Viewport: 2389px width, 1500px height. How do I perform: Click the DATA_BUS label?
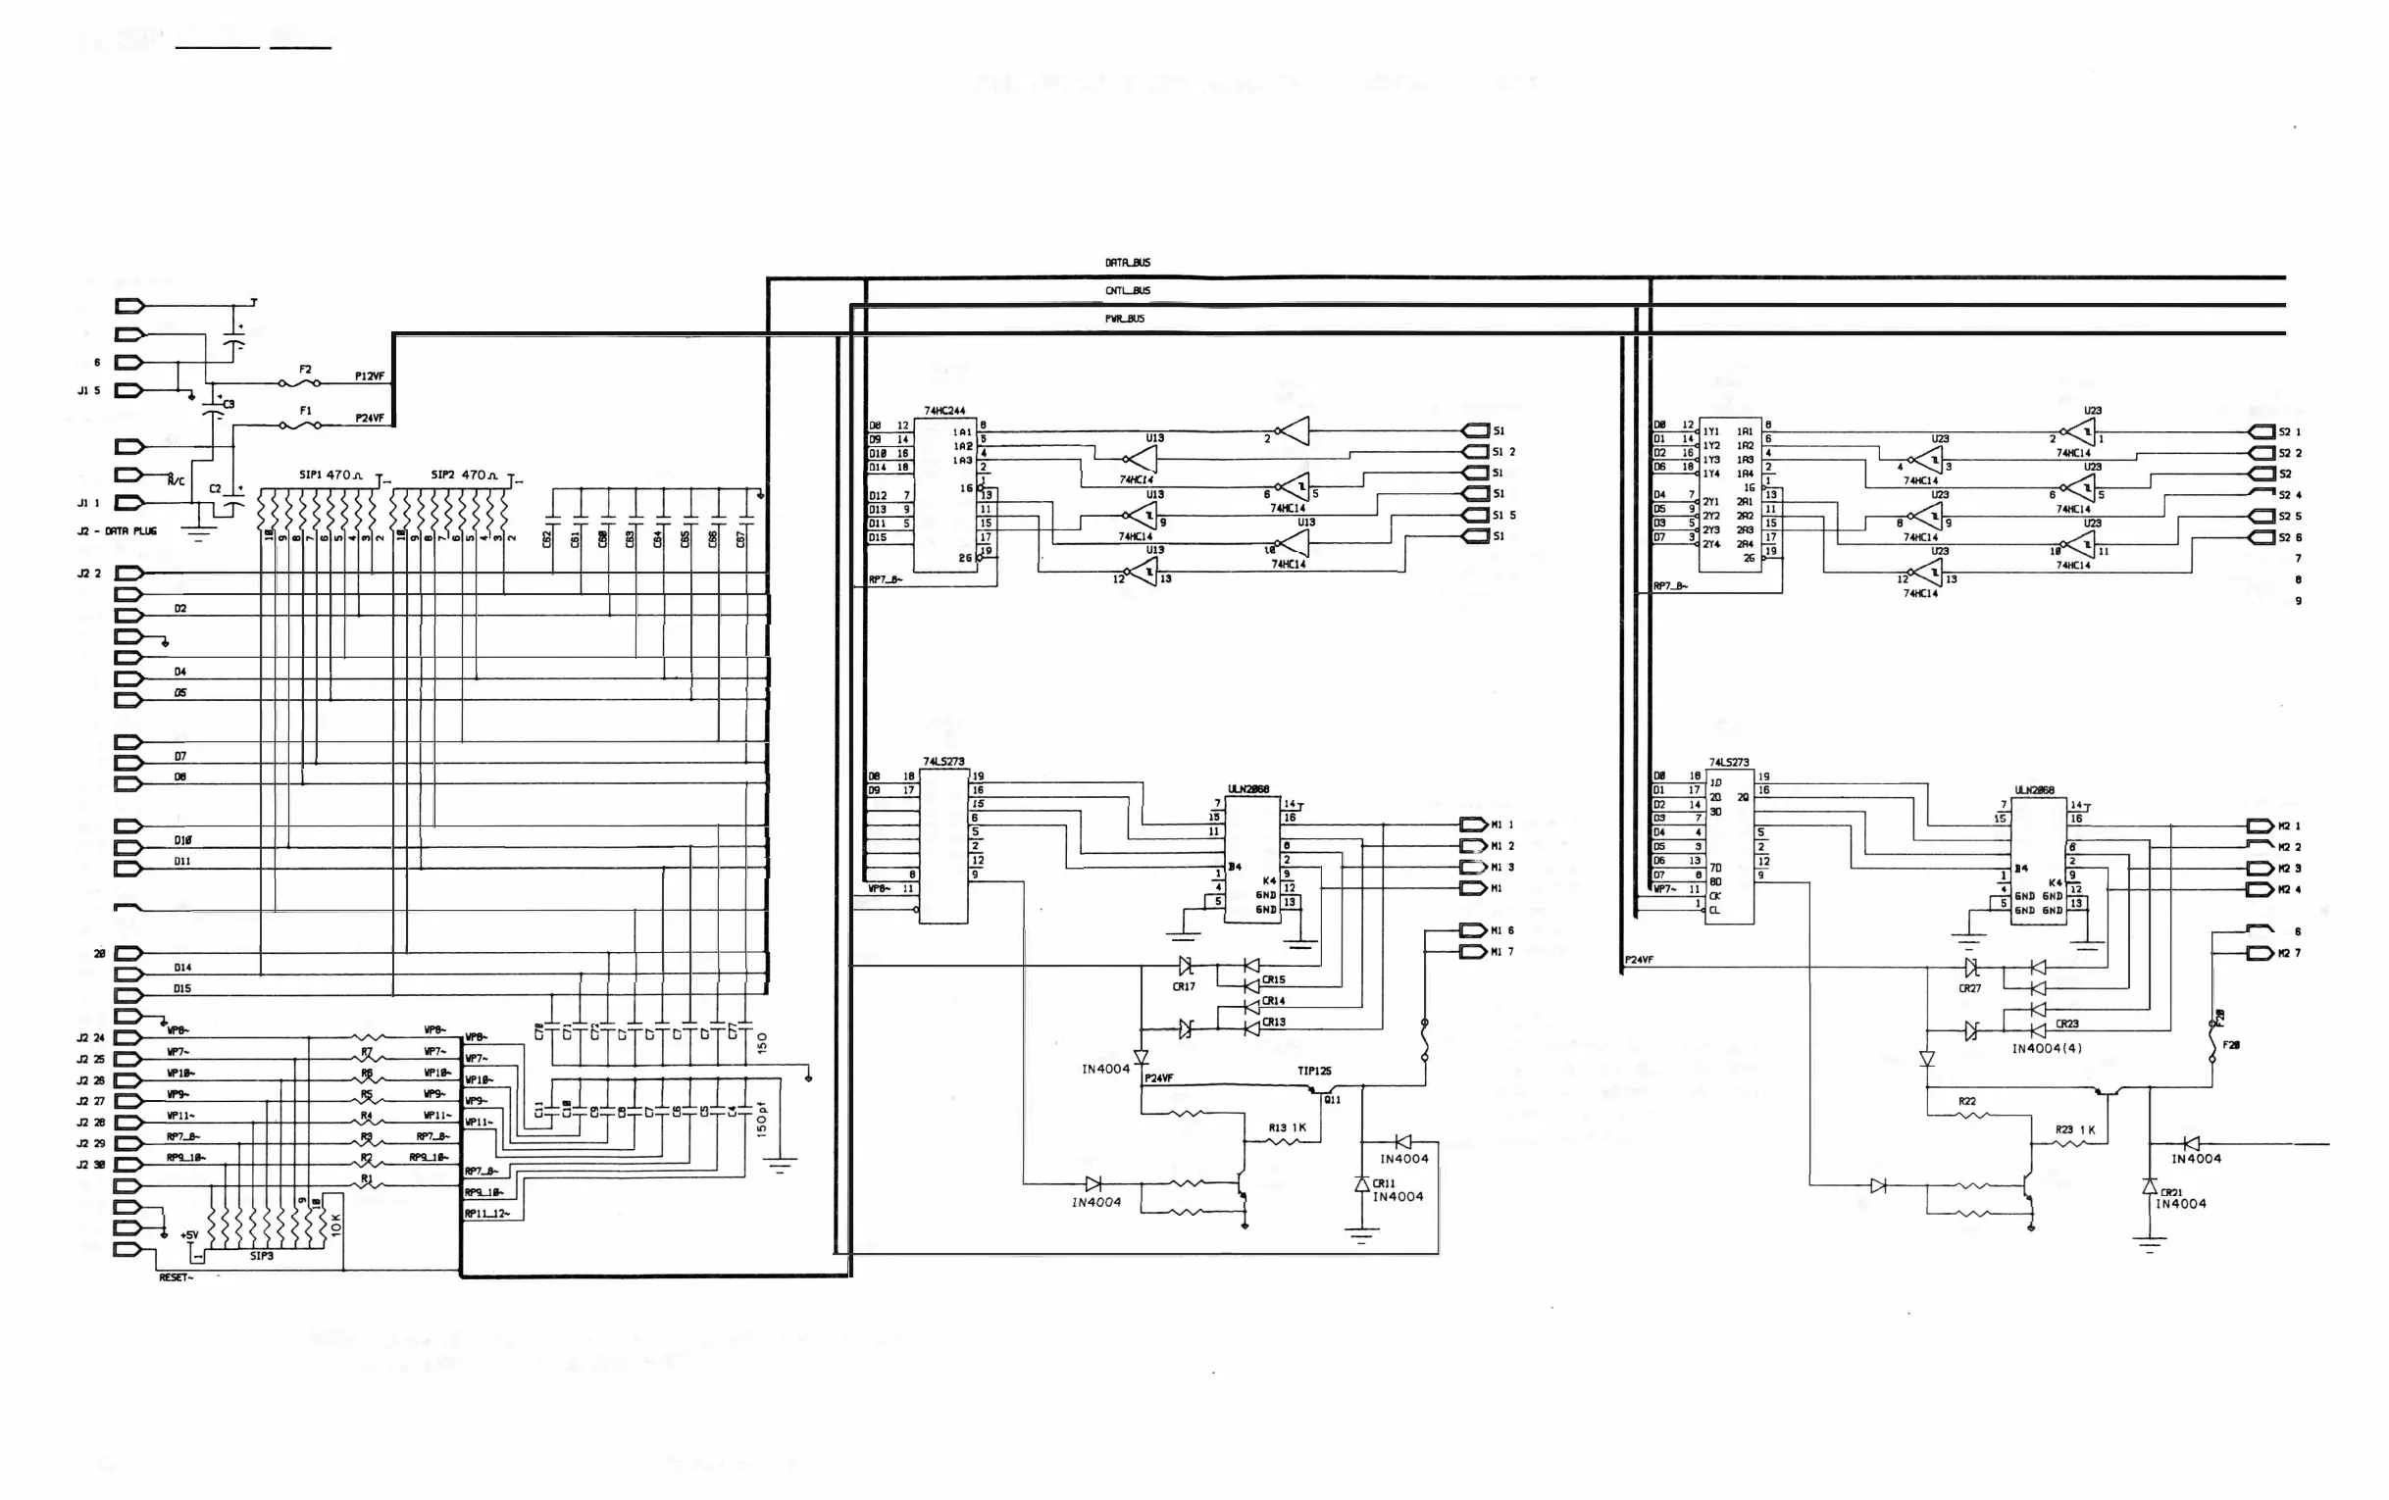[x=1127, y=263]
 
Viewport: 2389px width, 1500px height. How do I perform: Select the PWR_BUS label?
[x=1124, y=319]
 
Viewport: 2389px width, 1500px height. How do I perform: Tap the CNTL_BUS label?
[x=1127, y=290]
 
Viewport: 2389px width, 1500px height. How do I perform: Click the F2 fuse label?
[x=306, y=369]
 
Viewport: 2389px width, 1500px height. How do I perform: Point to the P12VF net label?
[x=369, y=377]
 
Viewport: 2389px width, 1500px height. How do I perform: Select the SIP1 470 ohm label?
[x=331, y=475]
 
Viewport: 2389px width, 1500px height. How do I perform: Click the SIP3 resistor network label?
[x=261, y=1256]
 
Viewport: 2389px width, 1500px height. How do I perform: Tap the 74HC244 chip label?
[x=943, y=411]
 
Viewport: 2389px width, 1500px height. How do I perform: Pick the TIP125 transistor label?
[x=1313, y=1072]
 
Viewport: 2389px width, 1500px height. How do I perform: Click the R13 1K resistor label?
[x=1287, y=1128]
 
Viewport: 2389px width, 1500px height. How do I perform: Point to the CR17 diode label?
[x=1184, y=987]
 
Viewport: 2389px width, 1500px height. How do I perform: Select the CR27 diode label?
[x=1969, y=988]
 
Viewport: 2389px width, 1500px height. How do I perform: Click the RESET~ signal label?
[x=176, y=1277]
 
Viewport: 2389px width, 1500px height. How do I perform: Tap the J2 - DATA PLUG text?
[x=117, y=531]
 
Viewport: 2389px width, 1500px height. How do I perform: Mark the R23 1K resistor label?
[x=2074, y=1130]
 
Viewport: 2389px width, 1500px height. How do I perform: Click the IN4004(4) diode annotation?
[x=2047, y=1049]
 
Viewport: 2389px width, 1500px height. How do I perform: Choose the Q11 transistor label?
[x=1332, y=1099]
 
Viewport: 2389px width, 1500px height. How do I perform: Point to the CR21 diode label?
[x=2170, y=1192]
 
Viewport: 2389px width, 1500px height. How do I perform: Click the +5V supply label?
[x=189, y=1235]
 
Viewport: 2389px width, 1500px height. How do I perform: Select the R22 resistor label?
[x=1966, y=1101]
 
